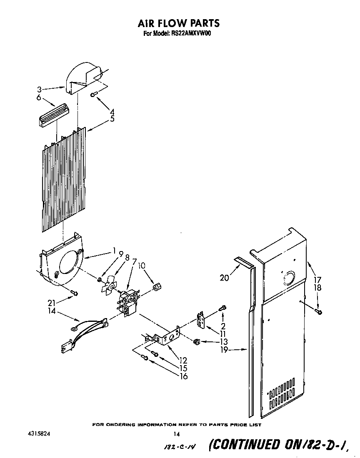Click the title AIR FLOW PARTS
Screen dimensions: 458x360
[x=179, y=24]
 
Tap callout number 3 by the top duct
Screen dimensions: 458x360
[x=39, y=89]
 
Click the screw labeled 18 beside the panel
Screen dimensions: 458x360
[x=319, y=311]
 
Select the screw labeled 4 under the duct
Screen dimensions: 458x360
[x=94, y=95]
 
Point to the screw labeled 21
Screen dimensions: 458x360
[x=74, y=293]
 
